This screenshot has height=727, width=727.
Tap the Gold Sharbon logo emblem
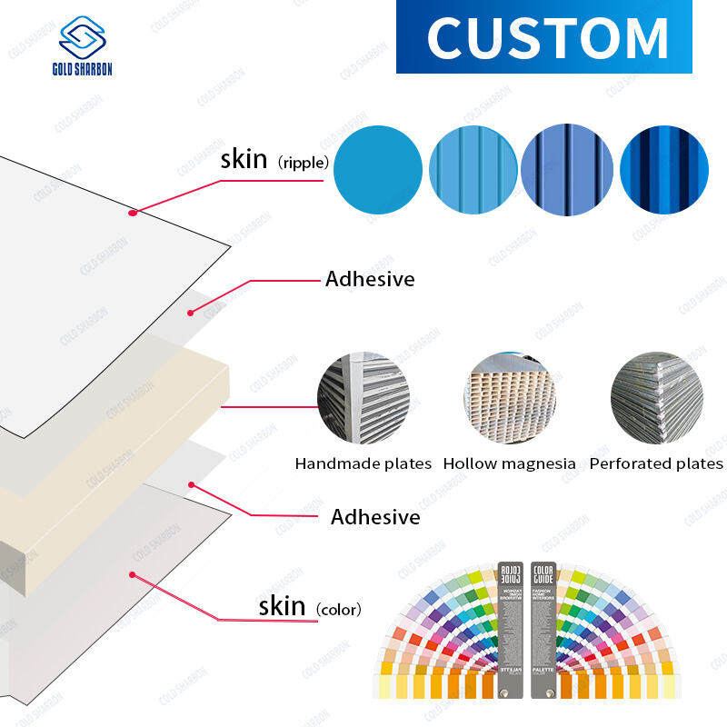[x=82, y=38]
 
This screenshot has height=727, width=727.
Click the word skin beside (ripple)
[x=244, y=160]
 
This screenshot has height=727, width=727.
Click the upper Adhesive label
[x=370, y=279]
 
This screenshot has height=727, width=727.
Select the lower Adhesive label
[x=375, y=517]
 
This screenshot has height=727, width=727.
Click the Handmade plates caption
[x=363, y=463]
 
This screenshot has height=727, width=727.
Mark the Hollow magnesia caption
[x=509, y=463]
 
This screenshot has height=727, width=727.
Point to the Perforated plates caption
[x=656, y=463]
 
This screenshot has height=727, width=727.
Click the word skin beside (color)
[x=282, y=606]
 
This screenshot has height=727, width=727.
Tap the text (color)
[x=337, y=610]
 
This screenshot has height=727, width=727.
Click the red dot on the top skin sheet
[x=133, y=213]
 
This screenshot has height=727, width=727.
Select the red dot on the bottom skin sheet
[x=133, y=573]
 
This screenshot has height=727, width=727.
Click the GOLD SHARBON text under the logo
[x=82, y=70]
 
